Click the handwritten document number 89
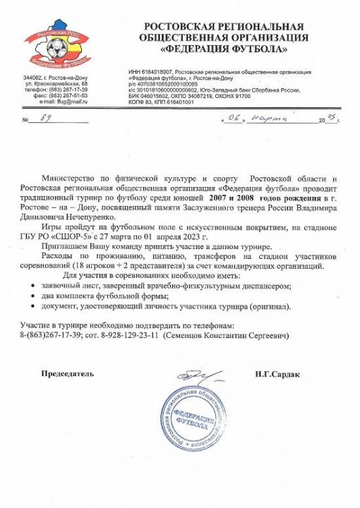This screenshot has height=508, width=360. pos(45,121)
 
